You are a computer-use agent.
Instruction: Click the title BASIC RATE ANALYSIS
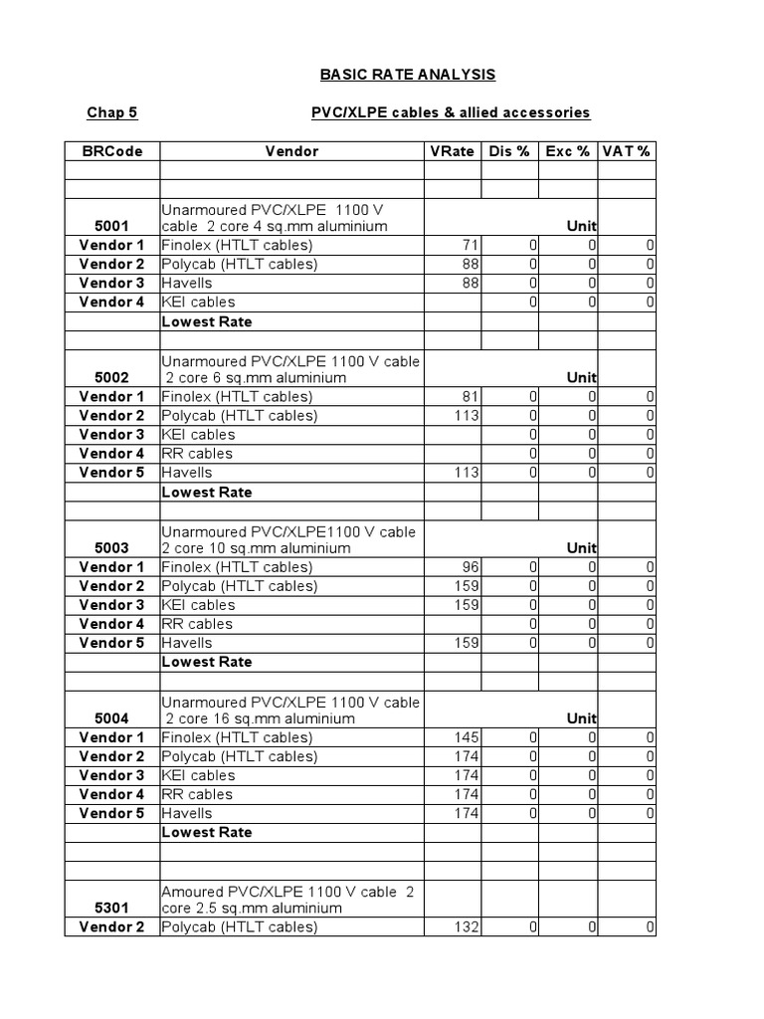click(x=407, y=75)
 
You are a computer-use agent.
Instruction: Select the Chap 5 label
click(x=111, y=112)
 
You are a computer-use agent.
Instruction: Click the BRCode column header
click(x=111, y=151)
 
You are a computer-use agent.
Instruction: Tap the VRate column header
click(x=453, y=151)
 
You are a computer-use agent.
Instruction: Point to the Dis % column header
click(x=509, y=151)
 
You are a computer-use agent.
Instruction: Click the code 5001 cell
click(x=111, y=226)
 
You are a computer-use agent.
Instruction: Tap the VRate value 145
click(x=465, y=737)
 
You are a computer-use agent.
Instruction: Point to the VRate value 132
click(x=465, y=927)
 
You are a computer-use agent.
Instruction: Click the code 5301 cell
click(x=111, y=908)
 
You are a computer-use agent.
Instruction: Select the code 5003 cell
click(x=111, y=548)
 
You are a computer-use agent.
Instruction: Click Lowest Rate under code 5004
click(x=207, y=832)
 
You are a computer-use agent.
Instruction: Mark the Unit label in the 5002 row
click(x=581, y=378)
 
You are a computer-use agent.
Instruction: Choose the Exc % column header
click(x=568, y=151)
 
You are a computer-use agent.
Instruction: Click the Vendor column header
click(x=291, y=151)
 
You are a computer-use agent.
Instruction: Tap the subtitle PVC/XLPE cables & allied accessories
click(x=451, y=112)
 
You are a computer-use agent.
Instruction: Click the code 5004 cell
click(x=111, y=718)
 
